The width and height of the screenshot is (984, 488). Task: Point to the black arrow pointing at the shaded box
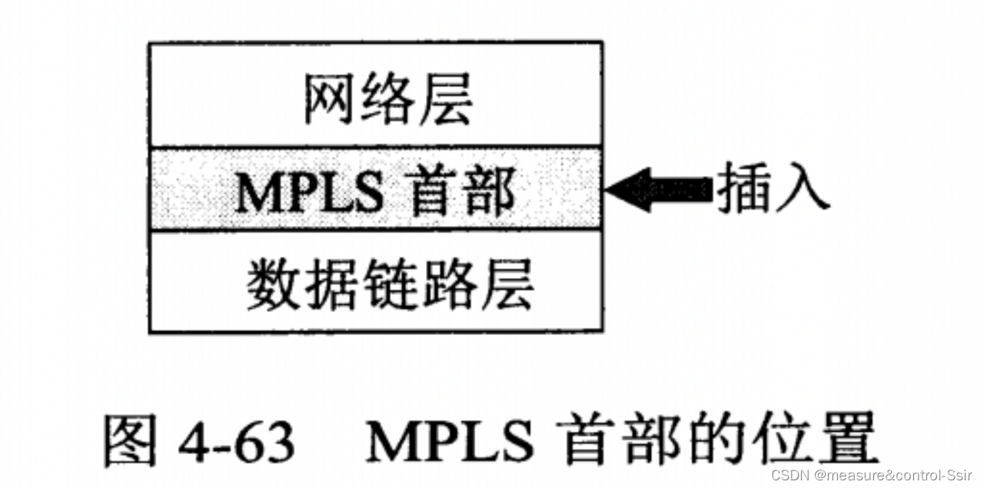(658, 188)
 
